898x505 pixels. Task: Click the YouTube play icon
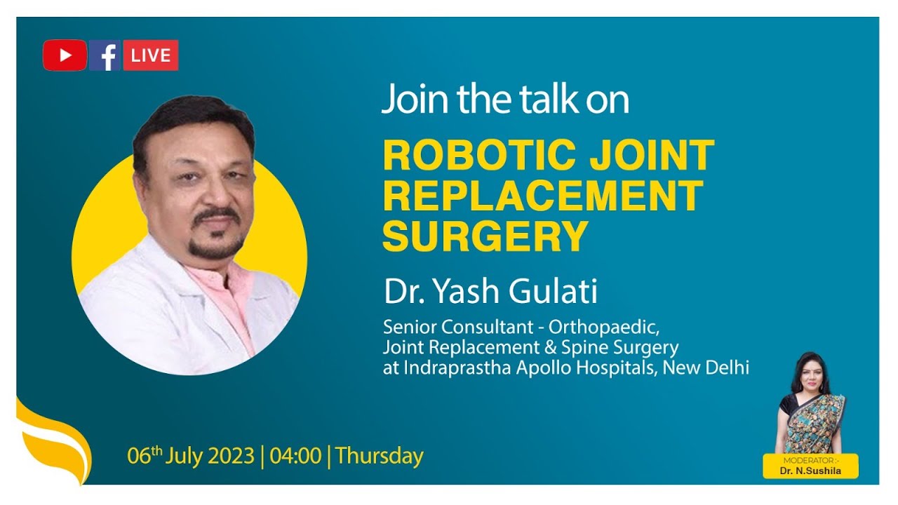point(65,55)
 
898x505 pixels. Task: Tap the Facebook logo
point(105,55)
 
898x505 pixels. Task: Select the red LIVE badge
point(150,55)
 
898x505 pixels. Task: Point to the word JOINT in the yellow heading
point(652,155)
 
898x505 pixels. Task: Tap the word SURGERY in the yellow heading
point(485,236)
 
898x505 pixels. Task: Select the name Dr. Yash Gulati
point(490,292)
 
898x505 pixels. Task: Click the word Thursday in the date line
point(380,456)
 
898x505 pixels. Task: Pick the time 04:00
point(295,456)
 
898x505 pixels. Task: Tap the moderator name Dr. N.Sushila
point(810,471)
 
